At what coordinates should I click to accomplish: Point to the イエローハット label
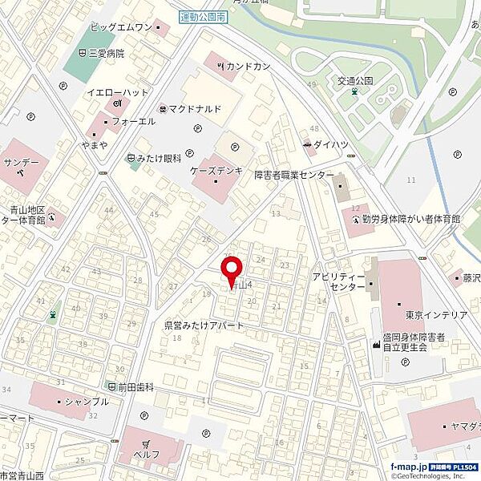point(118,92)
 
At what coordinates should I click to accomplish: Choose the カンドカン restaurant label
point(247,66)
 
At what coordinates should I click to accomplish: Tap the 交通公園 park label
point(356,80)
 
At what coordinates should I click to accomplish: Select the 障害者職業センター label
point(294,175)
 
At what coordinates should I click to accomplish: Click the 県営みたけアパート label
point(204,325)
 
